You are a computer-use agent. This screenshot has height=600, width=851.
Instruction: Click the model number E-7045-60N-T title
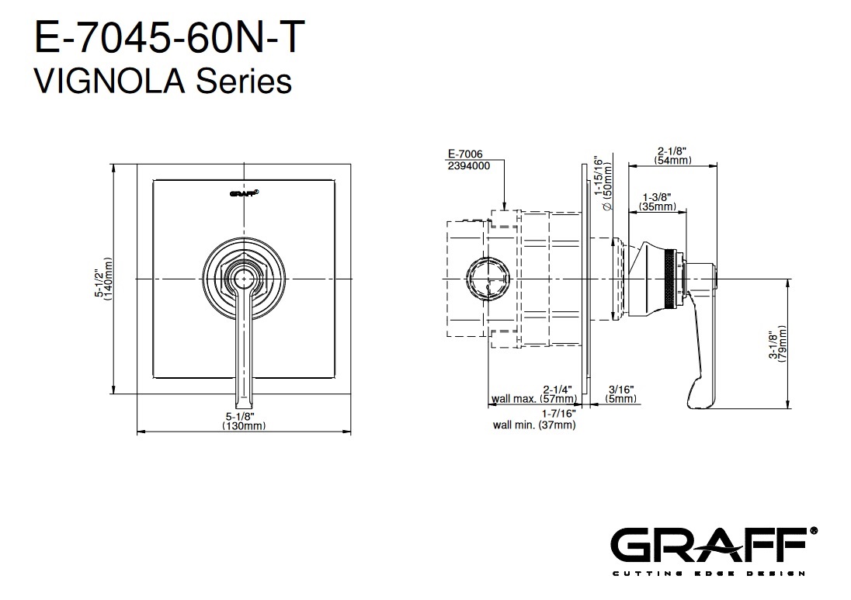[169, 37]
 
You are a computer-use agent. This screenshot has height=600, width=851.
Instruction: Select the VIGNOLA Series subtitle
[163, 82]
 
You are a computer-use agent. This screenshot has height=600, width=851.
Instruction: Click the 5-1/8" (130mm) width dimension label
[244, 421]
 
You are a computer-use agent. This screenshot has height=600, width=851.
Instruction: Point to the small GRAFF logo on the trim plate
[244, 192]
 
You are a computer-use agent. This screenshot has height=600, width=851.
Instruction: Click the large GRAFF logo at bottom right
[714, 545]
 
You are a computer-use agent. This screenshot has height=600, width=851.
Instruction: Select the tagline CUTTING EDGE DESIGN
[708, 574]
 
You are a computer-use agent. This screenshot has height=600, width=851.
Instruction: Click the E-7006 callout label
[465, 154]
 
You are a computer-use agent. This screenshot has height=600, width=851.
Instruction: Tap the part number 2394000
[469, 166]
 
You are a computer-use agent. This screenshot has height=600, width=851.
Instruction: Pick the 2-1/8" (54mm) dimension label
[672, 156]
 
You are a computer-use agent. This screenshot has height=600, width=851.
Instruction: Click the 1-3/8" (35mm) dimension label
[657, 202]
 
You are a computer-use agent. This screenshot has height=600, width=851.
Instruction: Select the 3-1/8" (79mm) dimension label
[778, 344]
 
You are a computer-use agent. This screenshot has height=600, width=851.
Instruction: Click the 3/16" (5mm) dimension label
[621, 394]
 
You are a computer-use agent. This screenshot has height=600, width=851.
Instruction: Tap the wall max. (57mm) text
[534, 399]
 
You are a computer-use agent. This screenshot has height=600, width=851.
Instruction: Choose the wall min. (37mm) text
[534, 425]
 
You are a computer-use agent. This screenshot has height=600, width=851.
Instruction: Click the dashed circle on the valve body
[488, 279]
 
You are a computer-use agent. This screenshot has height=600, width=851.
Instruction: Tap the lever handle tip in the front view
[244, 404]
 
